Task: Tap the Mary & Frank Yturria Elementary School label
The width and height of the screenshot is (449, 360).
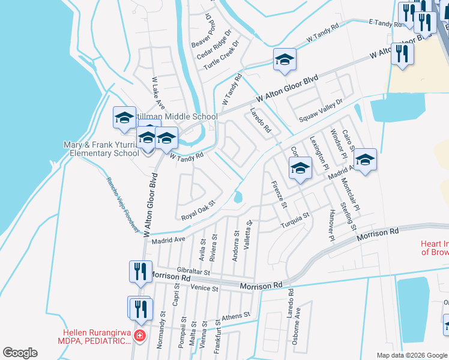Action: [101, 149]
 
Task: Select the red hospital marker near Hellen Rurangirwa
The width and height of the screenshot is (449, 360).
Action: [139, 336]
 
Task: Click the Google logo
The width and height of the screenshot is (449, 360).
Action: [20, 353]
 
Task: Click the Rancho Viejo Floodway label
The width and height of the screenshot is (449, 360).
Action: [123, 205]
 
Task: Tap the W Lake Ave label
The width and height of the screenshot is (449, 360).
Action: [158, 92]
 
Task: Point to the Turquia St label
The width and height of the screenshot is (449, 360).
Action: [295, 221]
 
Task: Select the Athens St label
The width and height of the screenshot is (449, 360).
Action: [235, 316]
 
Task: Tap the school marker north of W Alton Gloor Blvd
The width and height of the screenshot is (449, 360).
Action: [285, 60]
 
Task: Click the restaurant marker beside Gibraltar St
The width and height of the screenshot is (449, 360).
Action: [139, 271]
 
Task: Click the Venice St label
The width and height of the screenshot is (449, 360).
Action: [205, 288]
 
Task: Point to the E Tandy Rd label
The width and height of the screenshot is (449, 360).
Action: [388, 23]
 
